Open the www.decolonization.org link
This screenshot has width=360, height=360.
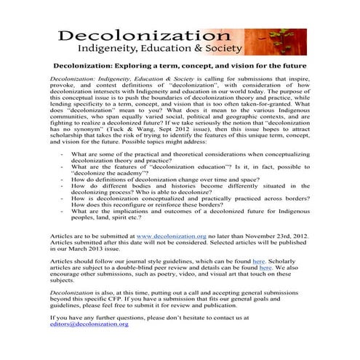[171, 236]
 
